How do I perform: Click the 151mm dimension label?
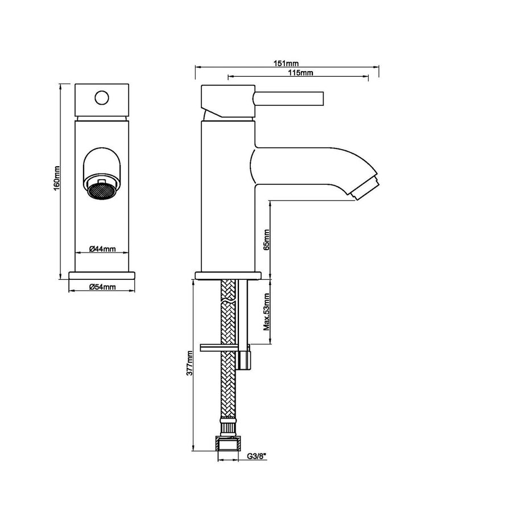pyautogui.click(x=286, y=63)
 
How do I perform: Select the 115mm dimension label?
pyautogui.click(x=300, y=72)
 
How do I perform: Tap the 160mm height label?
pyautogui.click(x=57, y=178)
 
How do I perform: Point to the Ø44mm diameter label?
pyautogui.click(x=102, y=249)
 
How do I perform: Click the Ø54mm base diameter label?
pyautogui.click(x=102, y=287)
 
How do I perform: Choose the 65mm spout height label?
pyautogui.click(x=266, y=240)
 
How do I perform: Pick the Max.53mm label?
pyautogui.click(x=267, y=312)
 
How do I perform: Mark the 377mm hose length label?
pyautogui.click(x=189, y=363)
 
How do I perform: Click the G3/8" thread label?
pyautogui.click(x=257, y=456)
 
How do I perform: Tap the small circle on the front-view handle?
pyautogui.click(x=102, y=98)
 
